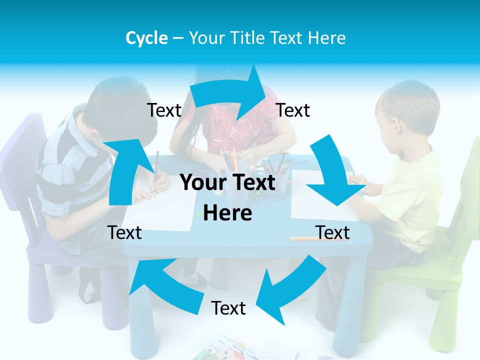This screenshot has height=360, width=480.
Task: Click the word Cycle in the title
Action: (x=146, y=38)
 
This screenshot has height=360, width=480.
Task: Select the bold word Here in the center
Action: (x=227, y=213)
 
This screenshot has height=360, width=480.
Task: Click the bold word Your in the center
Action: (x=199, y=182)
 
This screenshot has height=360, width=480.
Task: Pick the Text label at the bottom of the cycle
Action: (x=228, y=308)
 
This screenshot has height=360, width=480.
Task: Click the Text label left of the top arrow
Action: (x=164, y=110)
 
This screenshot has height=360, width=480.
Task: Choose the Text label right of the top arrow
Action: (x=293, y=110)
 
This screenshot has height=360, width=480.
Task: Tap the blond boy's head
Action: (x=407, y=107)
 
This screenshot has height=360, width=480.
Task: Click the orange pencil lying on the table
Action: (x=305, y=238)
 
